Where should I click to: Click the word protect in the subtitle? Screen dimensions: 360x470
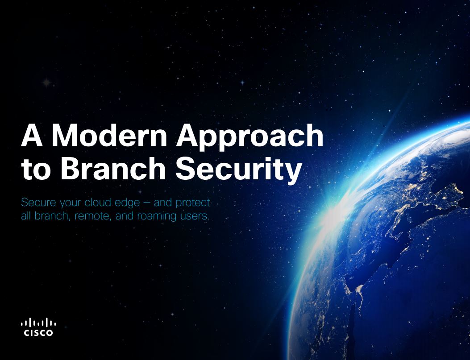[193, 204]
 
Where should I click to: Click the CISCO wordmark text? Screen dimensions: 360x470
[38, 332]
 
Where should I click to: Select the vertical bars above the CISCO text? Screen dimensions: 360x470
[38, 323]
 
